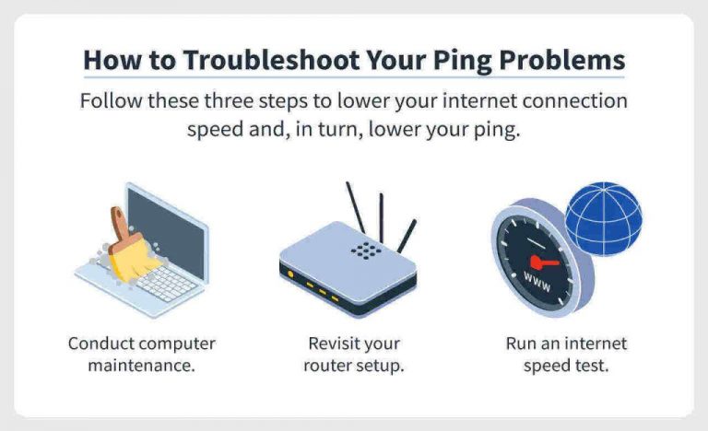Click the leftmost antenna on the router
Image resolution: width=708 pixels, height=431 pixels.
[355, 208]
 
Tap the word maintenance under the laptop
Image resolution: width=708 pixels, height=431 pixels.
[141, 367]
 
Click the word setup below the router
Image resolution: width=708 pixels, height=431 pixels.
[382, 367]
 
